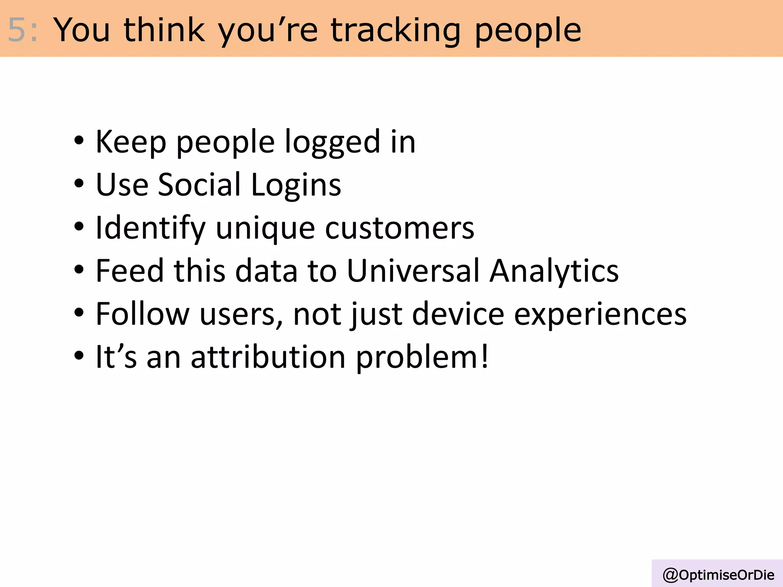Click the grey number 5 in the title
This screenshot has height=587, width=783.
pos(17,30)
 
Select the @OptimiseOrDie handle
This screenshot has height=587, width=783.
pos(718,575)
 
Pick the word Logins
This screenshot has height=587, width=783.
pos(296,185)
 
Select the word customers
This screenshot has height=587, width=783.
pos(400,228)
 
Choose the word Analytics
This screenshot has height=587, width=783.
pos(554,271)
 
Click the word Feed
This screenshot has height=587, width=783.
pos(130,271)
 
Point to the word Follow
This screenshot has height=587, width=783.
pos(142,314)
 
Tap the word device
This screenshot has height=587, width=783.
pos(458,314)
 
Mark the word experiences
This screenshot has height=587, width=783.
pos(600,315)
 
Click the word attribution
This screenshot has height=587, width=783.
pos(268,357)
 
